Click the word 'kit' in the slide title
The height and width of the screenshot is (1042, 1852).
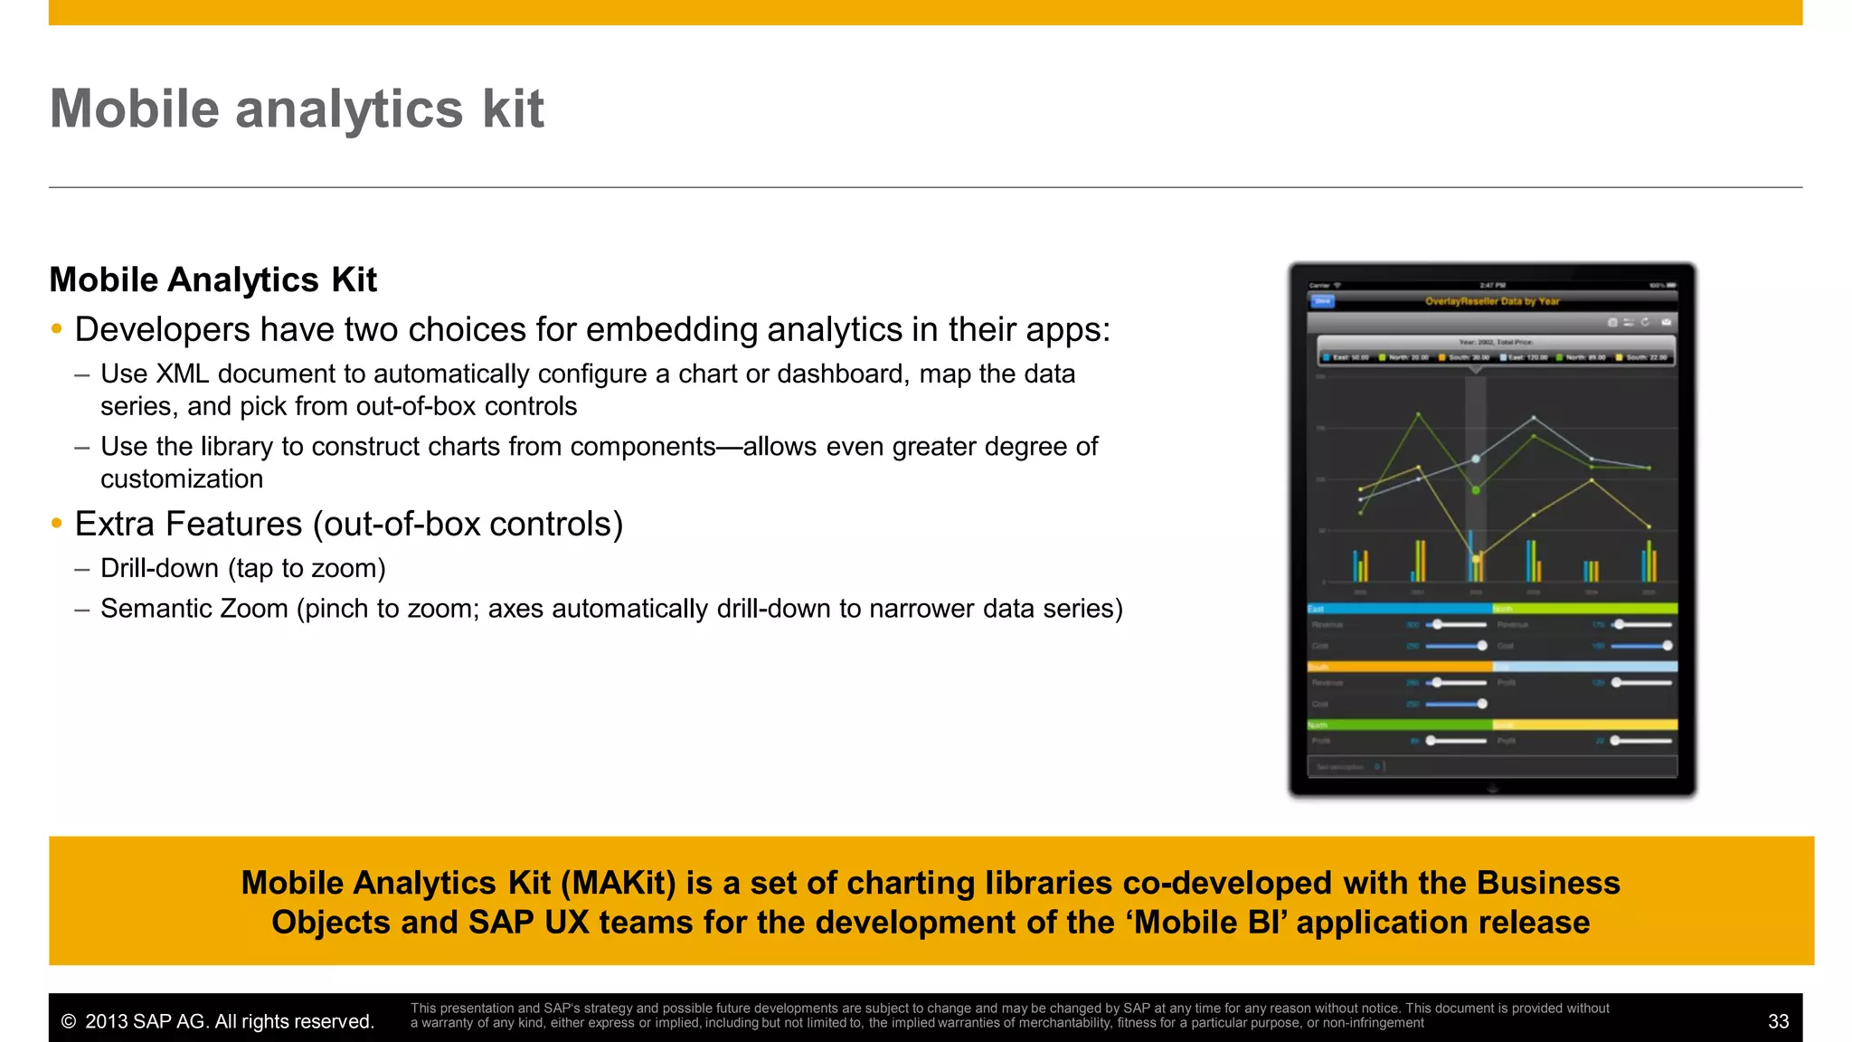513,109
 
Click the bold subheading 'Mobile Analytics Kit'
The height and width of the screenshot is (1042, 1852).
213,280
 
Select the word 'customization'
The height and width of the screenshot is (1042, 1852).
182,479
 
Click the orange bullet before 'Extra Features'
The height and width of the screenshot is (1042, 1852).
57,524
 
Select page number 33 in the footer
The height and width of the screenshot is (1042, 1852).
1778,1022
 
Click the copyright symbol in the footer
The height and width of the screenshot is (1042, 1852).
68,1022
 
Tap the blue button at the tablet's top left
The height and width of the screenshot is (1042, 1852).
1322,301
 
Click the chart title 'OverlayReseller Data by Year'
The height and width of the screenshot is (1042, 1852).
1492,301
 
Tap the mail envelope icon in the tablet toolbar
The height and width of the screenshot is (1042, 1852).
1666,322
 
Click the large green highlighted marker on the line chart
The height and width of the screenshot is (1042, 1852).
1476,490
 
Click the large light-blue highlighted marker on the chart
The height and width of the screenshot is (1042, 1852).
1476,459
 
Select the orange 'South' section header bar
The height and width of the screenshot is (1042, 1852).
1399,667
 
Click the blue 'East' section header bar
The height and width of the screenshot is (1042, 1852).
1399,609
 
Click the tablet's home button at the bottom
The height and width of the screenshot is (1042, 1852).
1493,789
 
